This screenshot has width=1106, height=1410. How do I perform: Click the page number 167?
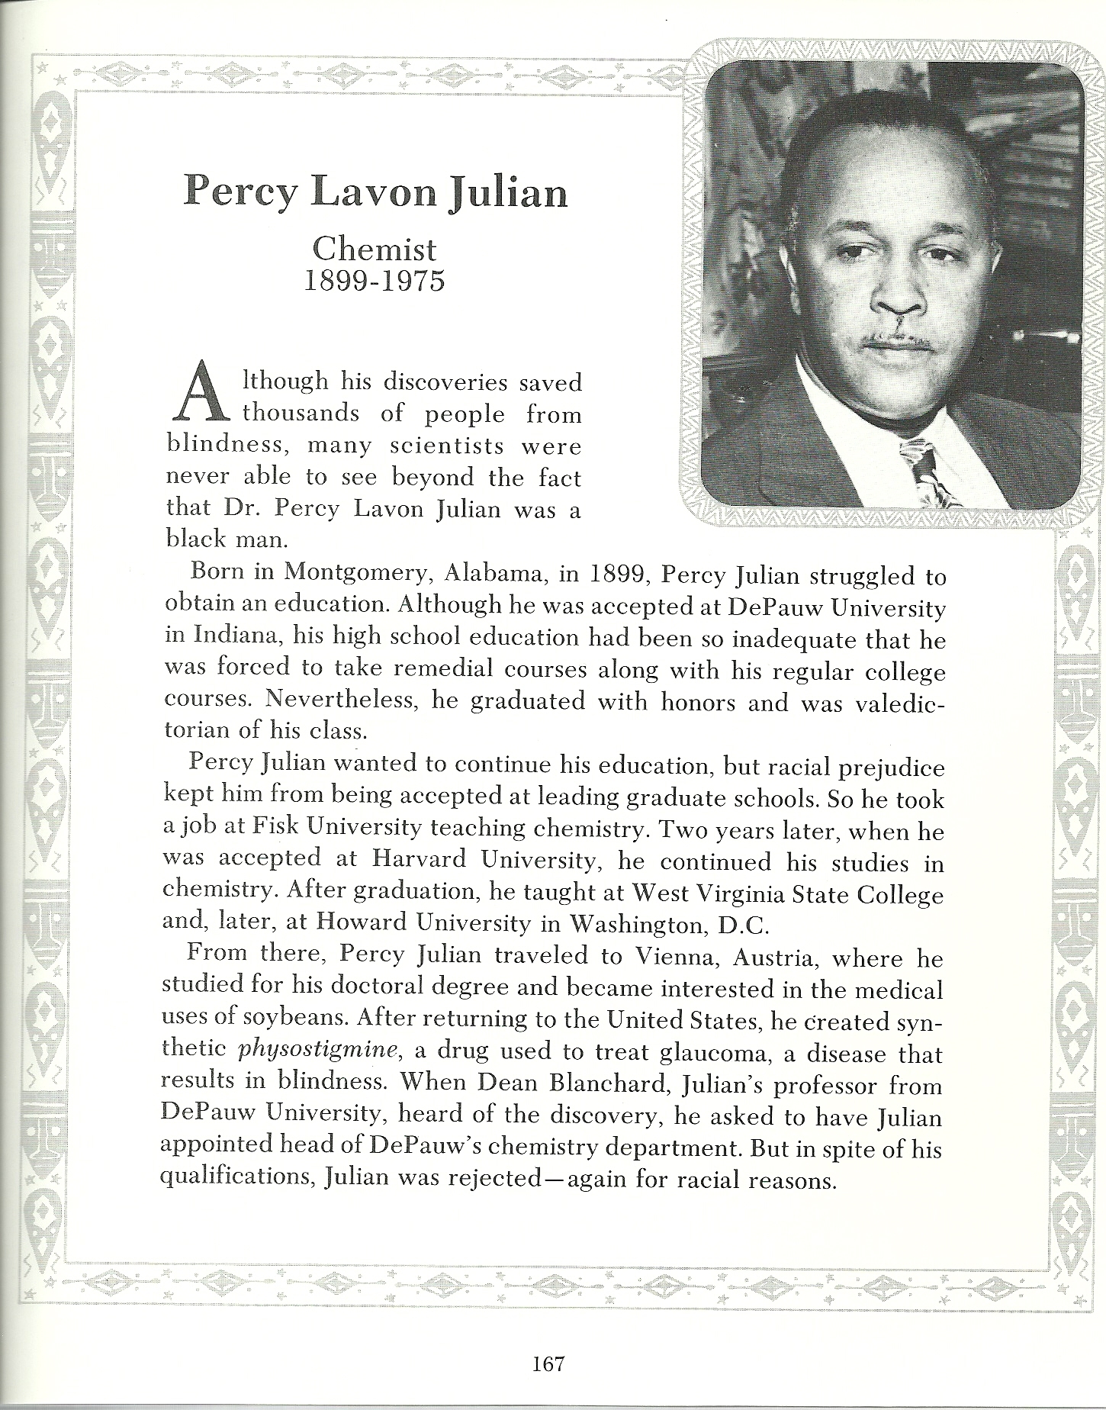[548, 1363]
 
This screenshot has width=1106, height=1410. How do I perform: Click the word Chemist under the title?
[374, 249]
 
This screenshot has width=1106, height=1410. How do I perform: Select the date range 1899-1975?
[374, 282]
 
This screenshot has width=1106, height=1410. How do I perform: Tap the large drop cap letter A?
[201, 393]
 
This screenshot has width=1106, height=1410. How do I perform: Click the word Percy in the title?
[239, 192]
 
